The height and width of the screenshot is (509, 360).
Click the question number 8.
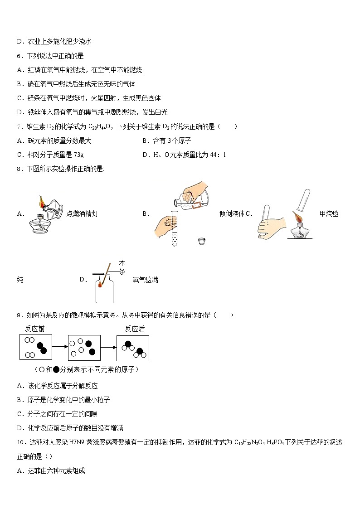coord(19,169)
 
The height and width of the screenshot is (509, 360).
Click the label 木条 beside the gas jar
coord(122,267)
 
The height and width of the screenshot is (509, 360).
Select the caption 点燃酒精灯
coord(82,213)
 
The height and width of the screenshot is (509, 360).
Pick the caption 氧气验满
coord(145,280)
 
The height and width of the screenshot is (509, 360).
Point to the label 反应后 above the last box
coord(135,329)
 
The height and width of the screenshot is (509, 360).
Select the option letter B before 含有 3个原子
coord(145,141)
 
